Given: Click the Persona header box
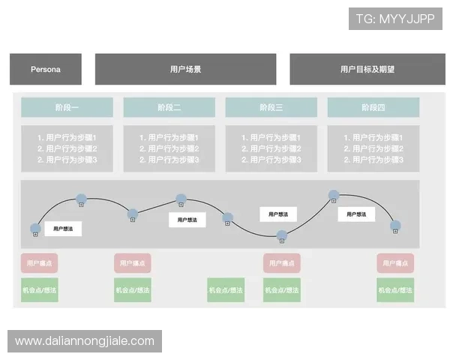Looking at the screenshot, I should [46, 70].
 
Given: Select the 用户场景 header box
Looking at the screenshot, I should [185, 70].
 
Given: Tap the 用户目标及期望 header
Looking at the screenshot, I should [367, 70].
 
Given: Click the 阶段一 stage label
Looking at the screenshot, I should [67, 108].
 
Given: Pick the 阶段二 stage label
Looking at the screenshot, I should [169, 108].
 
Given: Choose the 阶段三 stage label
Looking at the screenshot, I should [271, 108].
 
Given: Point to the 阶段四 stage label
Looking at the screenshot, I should [373, 108].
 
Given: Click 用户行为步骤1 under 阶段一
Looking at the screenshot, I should [67, 138].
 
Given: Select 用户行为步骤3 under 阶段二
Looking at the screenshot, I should [169, 160].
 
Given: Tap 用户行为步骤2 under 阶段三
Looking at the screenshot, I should [271, 148].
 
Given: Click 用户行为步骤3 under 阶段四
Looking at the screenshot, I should [373, 160].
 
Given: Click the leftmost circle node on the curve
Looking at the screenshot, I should [35, 228].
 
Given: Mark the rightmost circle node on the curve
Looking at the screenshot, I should [395, 225].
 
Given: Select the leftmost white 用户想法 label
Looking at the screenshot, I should [63, 229].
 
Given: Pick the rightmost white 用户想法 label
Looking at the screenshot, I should [355, 214].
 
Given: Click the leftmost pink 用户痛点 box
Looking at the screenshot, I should [40, 263].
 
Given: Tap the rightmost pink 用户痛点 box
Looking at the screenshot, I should [395, 263].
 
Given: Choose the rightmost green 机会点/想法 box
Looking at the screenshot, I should [395, 290].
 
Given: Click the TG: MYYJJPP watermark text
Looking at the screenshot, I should [395, 19].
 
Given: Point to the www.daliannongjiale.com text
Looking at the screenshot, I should [84, 341].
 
